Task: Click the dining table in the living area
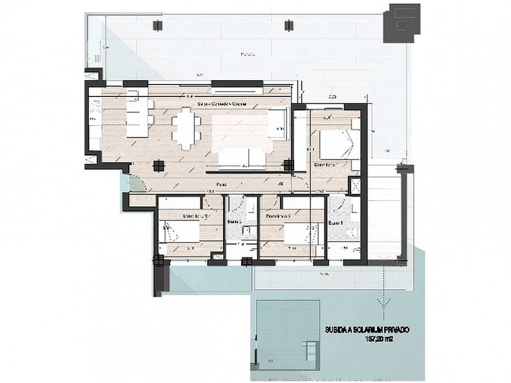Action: tap(186, 130)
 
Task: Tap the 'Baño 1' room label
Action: tap(336, 224)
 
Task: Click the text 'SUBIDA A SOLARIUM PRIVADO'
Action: tap(368, 330)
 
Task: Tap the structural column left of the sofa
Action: tap(159, 165)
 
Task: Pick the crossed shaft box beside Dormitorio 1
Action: tap(354, 186)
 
